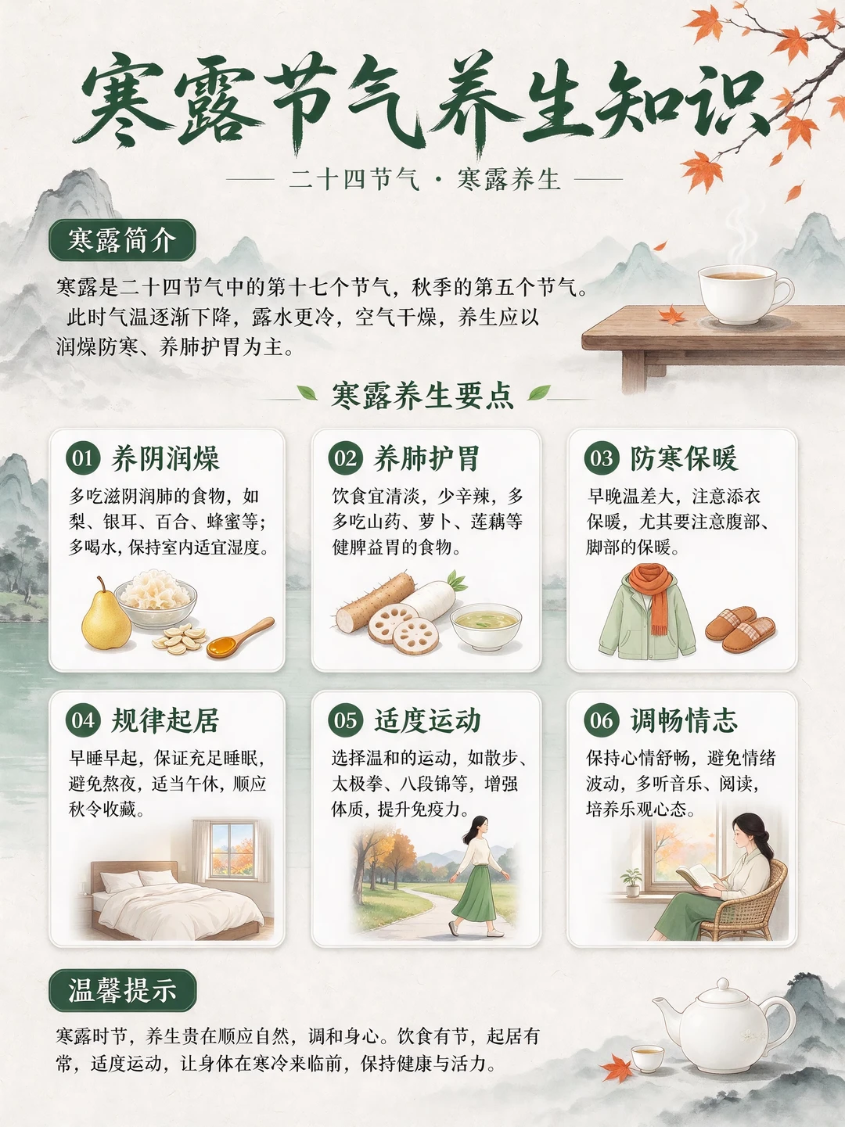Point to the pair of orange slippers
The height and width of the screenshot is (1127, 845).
pyautogui.click(x=740, y=628)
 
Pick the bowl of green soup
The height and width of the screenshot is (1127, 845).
pyautogui.click(x=486, y=626)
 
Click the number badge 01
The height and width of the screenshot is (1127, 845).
pyautogui.click(x=83, y=458)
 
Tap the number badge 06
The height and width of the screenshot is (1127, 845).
pyautogui.click(x=602, y=720)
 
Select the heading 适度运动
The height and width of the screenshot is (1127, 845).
pyautogui.click(x=427, y=720)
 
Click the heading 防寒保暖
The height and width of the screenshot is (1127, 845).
pyautogui.click(x=685, y=458)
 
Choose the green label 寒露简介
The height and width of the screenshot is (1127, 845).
pyautogui.click(x=122, y=240)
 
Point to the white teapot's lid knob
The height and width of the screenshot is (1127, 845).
pyautogui.click(x=723, y=984)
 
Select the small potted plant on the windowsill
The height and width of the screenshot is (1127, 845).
pyautogui.click(x=631, y=883)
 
